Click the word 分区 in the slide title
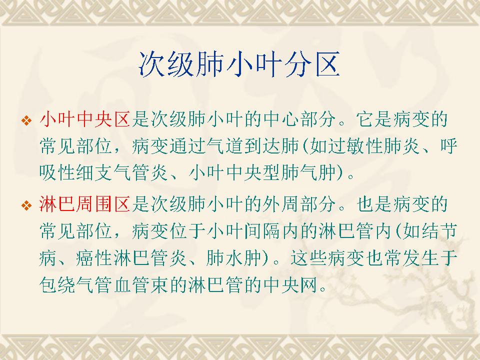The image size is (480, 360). tap(312, 64)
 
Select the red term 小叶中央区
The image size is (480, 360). tap(85, 119)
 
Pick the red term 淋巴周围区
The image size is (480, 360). tap(85, 204)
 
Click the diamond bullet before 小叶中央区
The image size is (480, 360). tap(26, 120)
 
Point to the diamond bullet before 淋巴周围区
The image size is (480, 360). tap(26, 205)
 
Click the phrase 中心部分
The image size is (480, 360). tap(299, 119)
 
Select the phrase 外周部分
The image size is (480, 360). tap(299, 204)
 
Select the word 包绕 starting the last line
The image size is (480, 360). tap(57, 284)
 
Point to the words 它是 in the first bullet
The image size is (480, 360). tap(374, 119)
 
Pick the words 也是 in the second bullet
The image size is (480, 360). tap(374, 204)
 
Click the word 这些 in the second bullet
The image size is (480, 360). tap(309, 258)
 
